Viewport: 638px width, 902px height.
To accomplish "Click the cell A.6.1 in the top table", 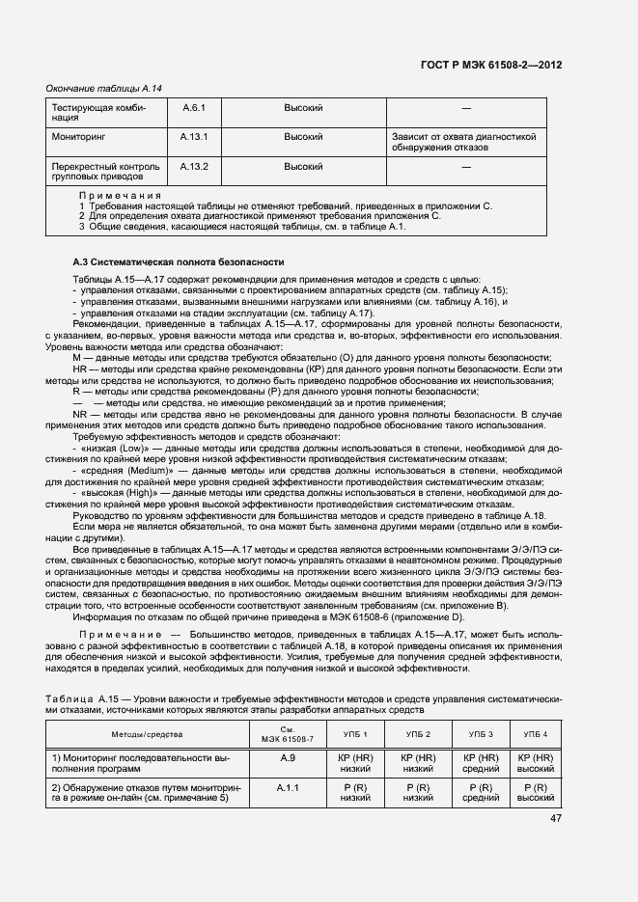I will pyautogui.click(x=194, y=108).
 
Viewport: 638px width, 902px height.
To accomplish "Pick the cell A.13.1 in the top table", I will pyautogui.click(x=194, y=137).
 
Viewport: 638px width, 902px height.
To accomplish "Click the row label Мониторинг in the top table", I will pyautogui.click(x=78, y=137).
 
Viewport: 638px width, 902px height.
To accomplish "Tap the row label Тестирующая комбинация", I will pyautogui.click(x=97, y=113).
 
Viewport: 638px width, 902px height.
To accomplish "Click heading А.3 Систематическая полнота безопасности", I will pyautogui.click(x=179, y=261).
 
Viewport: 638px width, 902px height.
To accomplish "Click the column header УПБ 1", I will pyautogui.click(x=355, y=735).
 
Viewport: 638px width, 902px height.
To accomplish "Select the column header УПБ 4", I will pyautogui.click(x=535, y=735).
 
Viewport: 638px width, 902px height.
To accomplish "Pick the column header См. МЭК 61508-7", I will pyautogui.click(x=287, y=735).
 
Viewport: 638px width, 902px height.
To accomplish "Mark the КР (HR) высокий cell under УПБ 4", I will pyautogui.click(x=535, y=764).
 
